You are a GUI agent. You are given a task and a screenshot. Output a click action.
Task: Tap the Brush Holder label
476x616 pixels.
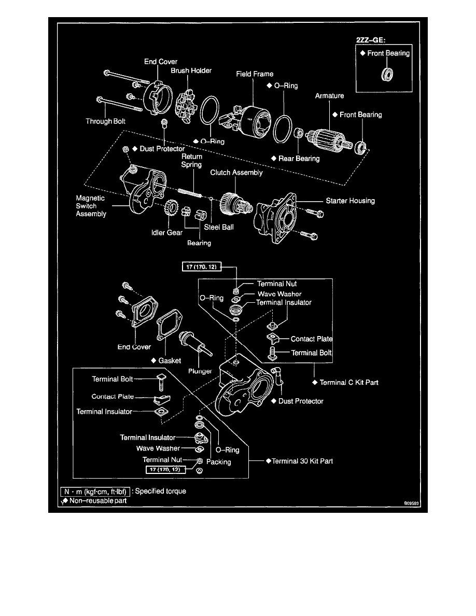point(192,71)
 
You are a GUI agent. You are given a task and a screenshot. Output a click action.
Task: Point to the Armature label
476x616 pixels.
point(329,96)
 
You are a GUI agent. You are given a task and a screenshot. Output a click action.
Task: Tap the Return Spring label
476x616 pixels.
point(191,160)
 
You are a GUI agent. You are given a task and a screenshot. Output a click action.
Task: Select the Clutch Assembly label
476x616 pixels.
point(236,173)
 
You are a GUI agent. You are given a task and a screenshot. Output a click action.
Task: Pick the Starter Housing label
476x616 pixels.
point(350,200)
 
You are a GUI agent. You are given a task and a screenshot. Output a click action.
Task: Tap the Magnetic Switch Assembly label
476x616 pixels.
point(91,206)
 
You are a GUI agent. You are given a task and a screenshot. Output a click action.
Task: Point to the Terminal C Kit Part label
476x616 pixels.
point(348,382)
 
